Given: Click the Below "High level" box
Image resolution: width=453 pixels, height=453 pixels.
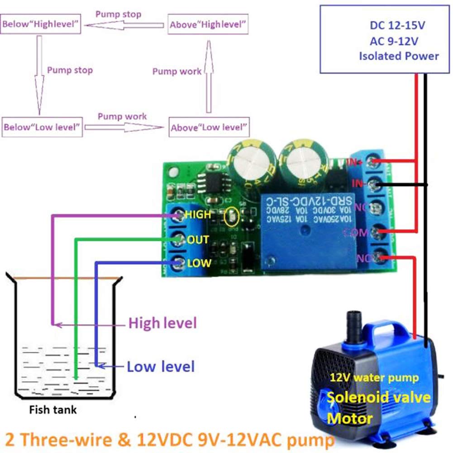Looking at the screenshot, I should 42,24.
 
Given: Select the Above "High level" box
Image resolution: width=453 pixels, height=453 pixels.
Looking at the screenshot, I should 209,24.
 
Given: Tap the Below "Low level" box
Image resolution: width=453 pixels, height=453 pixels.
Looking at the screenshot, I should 42,127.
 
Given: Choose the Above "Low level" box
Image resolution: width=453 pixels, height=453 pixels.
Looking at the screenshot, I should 209,127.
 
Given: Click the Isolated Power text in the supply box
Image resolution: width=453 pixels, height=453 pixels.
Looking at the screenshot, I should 399,56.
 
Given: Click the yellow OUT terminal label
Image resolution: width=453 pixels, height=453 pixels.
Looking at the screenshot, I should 198,239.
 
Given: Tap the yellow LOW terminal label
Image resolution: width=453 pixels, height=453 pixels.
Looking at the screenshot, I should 199,262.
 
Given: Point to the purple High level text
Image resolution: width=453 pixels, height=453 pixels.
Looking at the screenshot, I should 163,323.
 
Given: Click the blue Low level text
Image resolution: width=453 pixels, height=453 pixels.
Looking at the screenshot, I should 161,366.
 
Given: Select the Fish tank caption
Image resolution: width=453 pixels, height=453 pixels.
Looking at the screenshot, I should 53,410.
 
